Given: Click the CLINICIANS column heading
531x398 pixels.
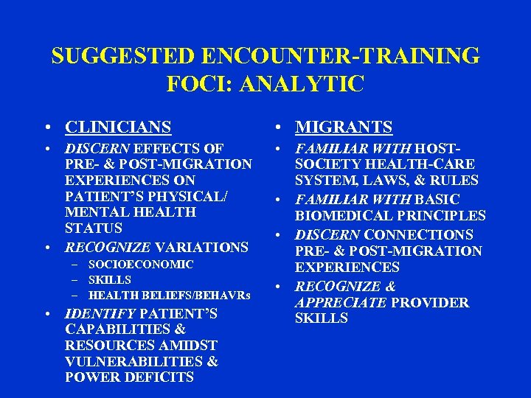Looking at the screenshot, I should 118,128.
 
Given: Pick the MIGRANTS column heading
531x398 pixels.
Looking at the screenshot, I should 344,128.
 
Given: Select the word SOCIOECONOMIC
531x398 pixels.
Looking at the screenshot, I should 141,264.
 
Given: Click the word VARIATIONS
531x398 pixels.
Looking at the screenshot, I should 202,248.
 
